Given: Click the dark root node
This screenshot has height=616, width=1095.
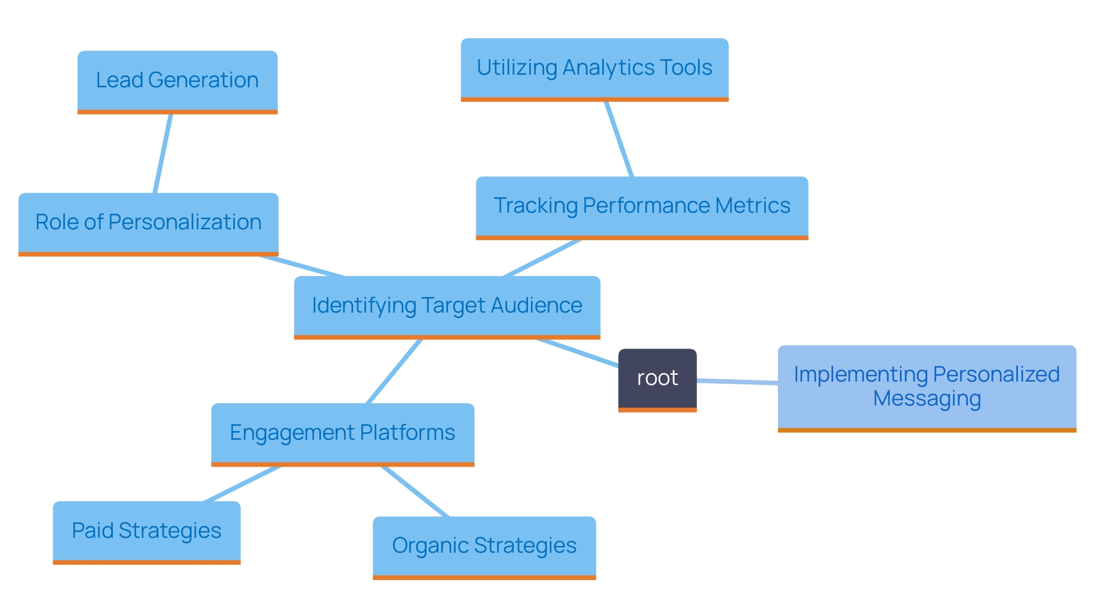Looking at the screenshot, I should click(x=657, y=379).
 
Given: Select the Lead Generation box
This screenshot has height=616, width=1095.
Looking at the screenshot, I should click(x=177, y=81).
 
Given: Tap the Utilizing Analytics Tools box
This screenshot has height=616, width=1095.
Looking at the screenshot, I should click(x=594, y=68).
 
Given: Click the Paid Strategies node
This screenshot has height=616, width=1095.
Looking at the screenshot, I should click(x=147, y=531).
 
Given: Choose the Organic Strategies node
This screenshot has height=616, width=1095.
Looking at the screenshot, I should click(x=484, y=546).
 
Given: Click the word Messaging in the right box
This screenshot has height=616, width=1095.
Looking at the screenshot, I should click(x=927, y=399).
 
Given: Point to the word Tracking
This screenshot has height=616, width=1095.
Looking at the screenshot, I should click(x=536, y=206).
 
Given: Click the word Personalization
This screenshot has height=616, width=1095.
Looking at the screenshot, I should click(x=185, y=222).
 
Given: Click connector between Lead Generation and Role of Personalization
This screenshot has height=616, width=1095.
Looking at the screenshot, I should click(x=163, y=154).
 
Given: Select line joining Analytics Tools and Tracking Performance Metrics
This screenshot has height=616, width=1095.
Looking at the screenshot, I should click(x=619, y=140).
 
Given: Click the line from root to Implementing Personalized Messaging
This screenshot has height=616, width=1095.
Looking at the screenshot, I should click(x=737, y=382).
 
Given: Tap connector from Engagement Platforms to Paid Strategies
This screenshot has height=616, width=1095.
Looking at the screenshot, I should click(x=242, y=484).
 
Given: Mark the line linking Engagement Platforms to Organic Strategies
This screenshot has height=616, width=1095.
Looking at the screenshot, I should click(x=415, y=492).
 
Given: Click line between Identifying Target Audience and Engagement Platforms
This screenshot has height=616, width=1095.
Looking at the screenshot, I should click(x=394, y=371).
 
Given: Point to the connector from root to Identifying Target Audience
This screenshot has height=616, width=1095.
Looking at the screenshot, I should click(x=577, y=353).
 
